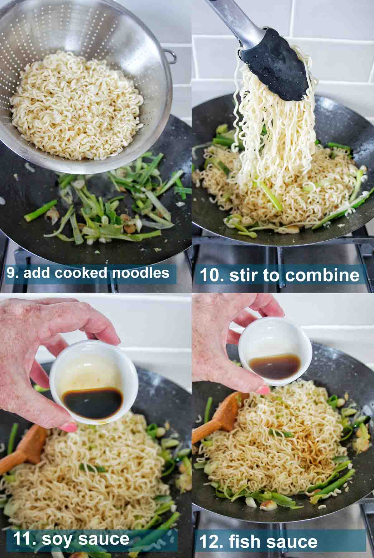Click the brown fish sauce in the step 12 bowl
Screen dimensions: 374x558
275,367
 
